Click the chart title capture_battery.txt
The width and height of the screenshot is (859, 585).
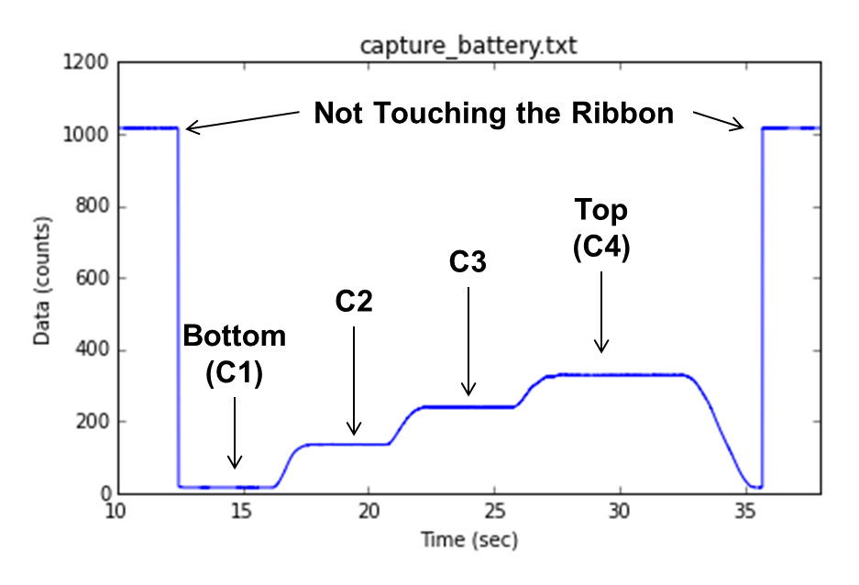(468, 44)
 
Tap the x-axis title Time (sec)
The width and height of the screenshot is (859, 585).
(468, 540)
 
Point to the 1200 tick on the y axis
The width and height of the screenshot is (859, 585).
(88, 63)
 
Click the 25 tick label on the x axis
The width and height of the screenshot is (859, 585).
(494, 511)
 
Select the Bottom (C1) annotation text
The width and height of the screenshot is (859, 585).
(235, 356)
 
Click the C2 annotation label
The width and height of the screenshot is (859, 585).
(354, 302)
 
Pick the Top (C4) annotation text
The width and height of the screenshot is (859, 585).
(601, 229)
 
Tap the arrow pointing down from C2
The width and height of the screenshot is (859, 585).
(354, 381)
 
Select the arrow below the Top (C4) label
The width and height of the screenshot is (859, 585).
(601, 312)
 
